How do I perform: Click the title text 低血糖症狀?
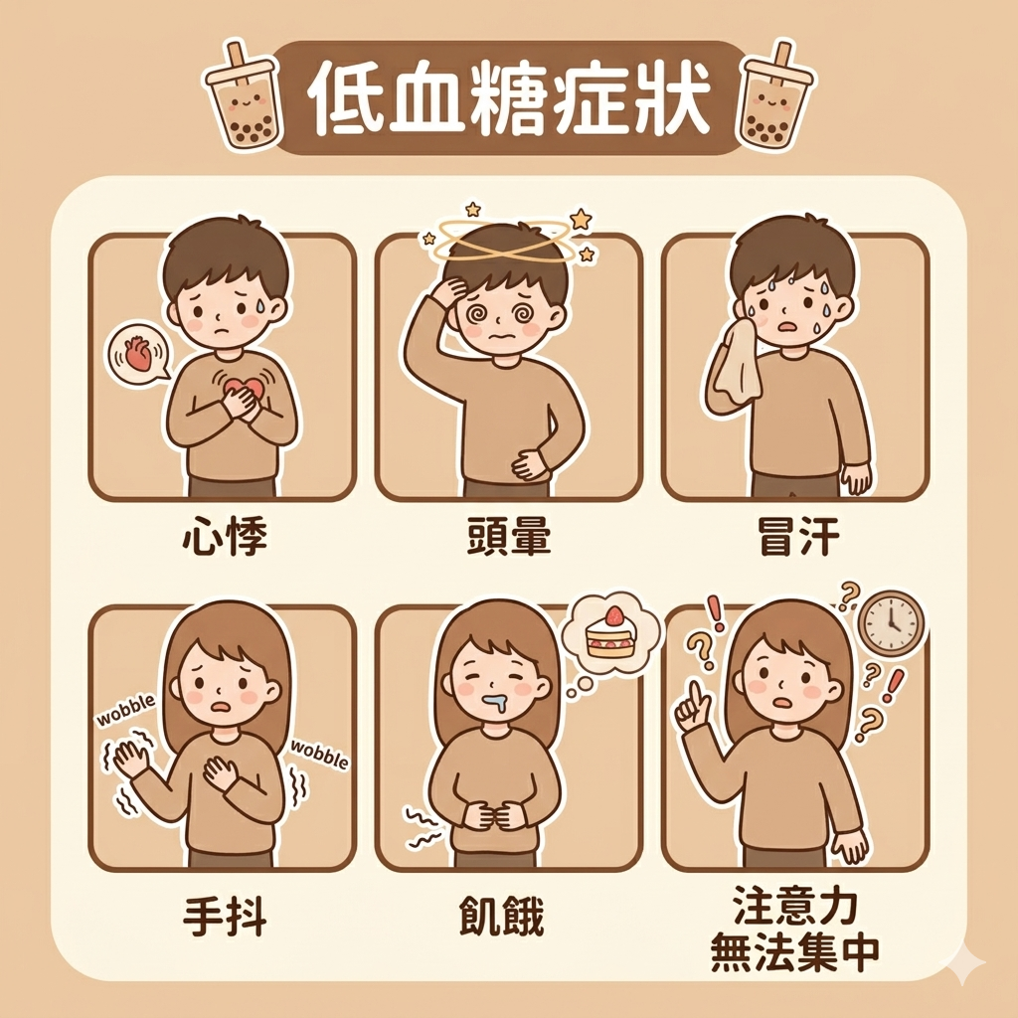point(508,98)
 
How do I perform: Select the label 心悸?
point(225,538)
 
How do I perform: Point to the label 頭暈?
point(508,538)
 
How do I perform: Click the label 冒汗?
point(797,538)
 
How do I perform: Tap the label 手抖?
point(225,917)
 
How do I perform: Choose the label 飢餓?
point(501,917)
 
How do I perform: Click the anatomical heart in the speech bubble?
point(137,353)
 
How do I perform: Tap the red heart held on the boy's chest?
point(243,390)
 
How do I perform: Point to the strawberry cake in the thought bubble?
point(610,632)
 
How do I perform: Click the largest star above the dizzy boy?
point(580,219)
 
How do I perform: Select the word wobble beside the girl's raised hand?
point(126,710)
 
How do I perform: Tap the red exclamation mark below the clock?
point(896,686)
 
